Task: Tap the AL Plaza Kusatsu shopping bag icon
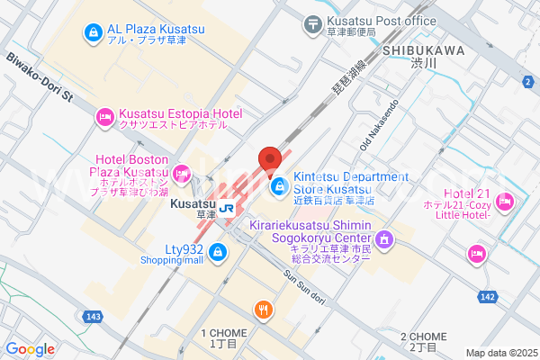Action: click(92, 33)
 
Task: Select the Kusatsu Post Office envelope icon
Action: click(312, 23)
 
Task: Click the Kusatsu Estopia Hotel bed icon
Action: click(104, 116)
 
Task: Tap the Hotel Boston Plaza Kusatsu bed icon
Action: click(183, 172)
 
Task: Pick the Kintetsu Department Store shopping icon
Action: click(280, 186)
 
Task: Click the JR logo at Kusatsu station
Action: click(228, 207)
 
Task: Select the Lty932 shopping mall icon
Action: click(217, 255)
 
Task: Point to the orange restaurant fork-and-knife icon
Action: click(263, 310)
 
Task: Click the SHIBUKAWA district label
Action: click(422, 50)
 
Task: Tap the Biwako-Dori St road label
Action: click(38, 76)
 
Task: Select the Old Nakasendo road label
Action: click(377, 126)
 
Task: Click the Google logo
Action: click(30, 348)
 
